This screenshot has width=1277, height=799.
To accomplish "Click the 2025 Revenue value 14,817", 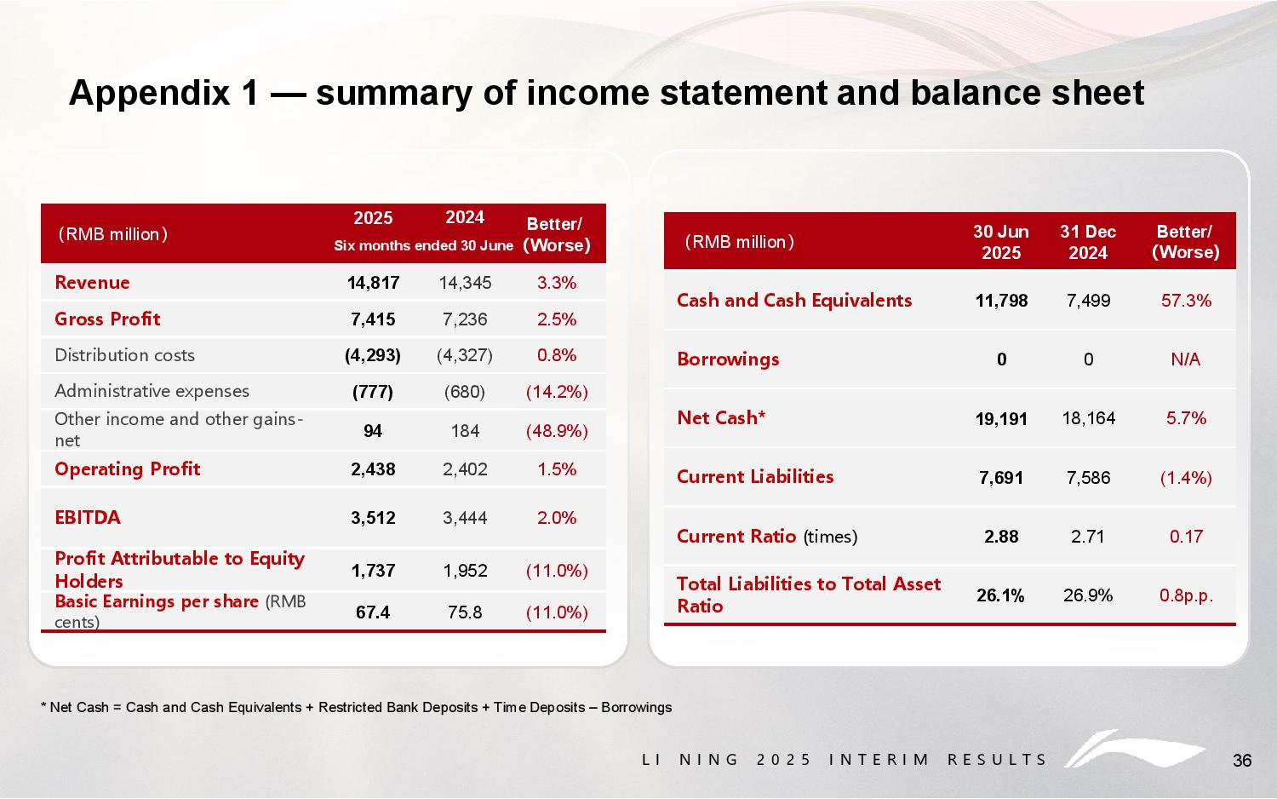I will [x=373, y=283].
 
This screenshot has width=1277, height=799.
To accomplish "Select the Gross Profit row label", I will [x=107, y=319].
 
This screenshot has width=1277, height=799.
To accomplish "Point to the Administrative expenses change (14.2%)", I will [x=557, y=392].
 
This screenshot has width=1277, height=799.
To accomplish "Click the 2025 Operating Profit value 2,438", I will [x=373, y=469].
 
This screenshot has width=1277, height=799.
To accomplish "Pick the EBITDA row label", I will [x=88, y=517].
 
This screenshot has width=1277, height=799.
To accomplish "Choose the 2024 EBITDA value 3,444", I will [x=465, y=518].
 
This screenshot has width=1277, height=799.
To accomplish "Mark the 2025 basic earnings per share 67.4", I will [x=373, y=612].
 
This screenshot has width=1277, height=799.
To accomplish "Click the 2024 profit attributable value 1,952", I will [x=465, y=571].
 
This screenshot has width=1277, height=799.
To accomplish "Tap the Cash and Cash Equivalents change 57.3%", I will [x=1186, y=301].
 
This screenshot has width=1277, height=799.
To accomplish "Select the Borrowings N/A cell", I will [x=1185, y=359].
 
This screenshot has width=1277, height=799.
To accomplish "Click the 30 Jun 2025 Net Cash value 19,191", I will [x=1001, y=418].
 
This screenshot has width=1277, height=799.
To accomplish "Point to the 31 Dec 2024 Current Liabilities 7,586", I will [x=1088, y=478].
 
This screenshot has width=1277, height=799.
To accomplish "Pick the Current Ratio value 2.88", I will [x=1001, y=537].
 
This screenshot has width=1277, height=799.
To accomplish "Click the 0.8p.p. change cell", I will [x=1186, y=595].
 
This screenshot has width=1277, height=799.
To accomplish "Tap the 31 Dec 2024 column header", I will [x=1088, y=242].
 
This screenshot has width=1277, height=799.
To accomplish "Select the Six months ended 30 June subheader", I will [x=423, y=246].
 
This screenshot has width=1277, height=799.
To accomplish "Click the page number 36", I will [x=1242, y=761].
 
